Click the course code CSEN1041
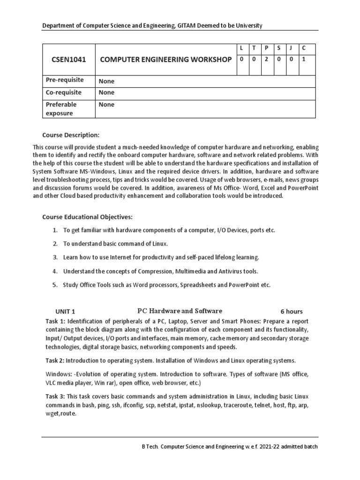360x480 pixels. [68, 60]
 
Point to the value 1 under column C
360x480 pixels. [303, 60]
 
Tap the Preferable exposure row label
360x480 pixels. [61, 109]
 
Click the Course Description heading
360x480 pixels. [71, 135]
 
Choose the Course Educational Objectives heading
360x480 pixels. [88, 217]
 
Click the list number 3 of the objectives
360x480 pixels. [55, 257]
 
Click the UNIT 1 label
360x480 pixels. [65, 312]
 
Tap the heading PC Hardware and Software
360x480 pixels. [180, 311]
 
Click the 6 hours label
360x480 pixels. [292, 312]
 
